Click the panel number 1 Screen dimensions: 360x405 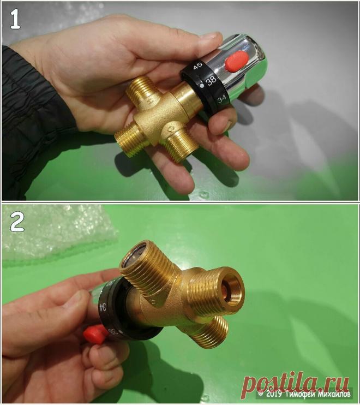click(x=15, y=19)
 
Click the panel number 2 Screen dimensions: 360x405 click(x=17, y=222)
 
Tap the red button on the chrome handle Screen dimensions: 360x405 click(x=237, y=61)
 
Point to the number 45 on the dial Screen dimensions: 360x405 click(x=198, y=65)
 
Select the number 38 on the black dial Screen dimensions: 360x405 click(x=211, y=80)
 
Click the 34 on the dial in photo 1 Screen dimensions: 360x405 click(x=221, y=99)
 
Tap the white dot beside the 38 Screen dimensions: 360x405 click(x=202, y=85)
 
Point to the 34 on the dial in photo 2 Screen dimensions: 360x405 click(x=103, y=307)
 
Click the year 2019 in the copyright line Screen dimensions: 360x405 click(x=274, y=394)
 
